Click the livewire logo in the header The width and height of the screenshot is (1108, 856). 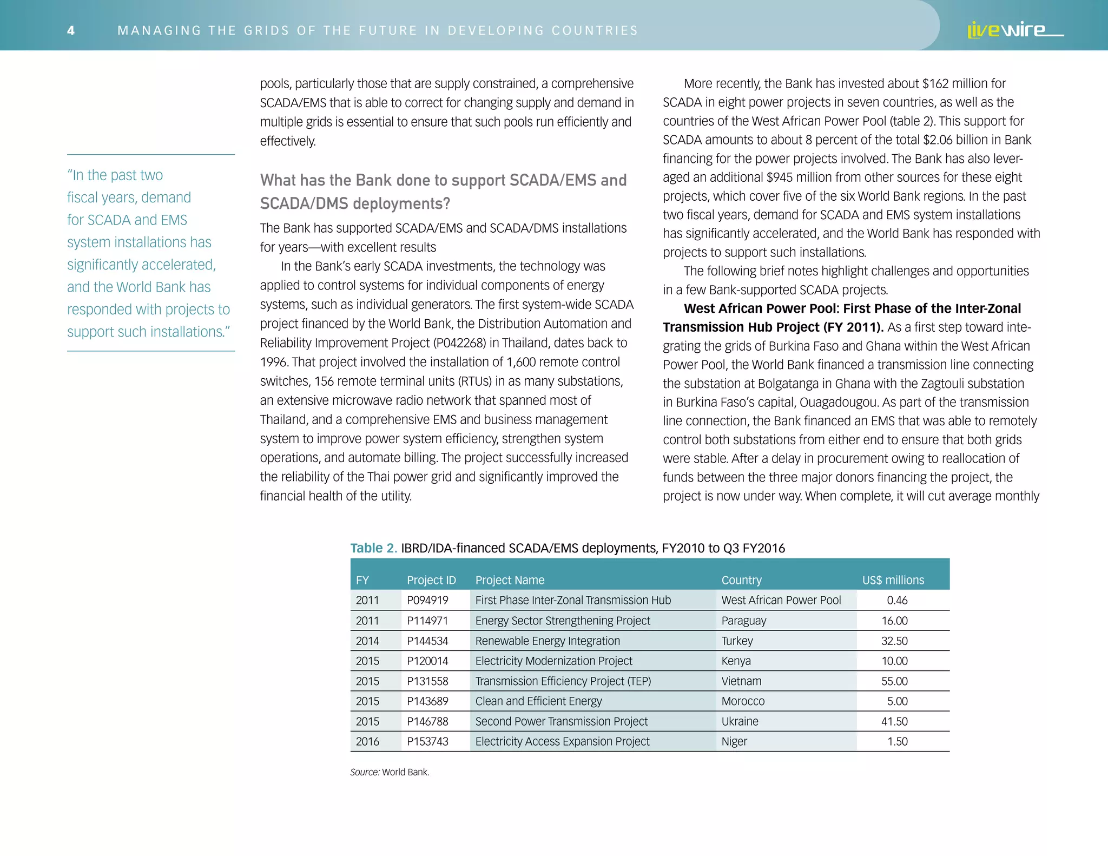(1014, 30)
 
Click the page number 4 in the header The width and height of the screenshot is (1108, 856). (71, 30)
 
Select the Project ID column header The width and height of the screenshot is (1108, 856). (431, 580)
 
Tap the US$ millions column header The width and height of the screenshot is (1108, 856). (893, 580)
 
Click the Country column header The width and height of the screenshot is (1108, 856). (741, 580)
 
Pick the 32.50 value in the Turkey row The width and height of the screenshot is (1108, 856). (894, 641)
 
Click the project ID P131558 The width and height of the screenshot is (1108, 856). (427, 681)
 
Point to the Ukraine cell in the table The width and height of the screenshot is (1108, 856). (740, 721)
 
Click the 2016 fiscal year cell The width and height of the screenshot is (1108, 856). (367, 741)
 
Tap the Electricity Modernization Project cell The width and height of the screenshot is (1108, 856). (553, 661)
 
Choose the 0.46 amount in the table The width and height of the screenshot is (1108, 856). (897, 600)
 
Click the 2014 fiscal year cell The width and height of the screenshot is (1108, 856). (367, 641)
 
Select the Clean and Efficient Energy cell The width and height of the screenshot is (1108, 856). (538, 701)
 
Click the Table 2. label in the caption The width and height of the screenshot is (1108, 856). (373, 548)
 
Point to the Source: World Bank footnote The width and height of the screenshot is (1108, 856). (390, 772)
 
